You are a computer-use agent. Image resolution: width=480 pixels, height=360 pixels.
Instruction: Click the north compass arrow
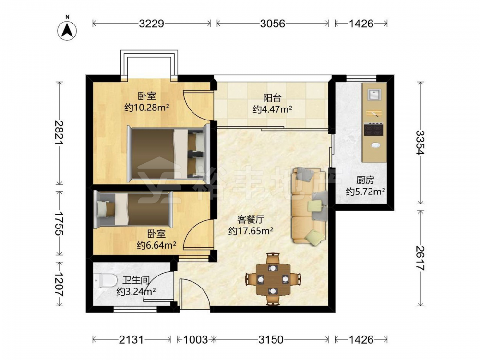click(67, 31)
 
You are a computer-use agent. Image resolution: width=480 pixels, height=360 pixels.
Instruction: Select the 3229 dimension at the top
click(152, 23)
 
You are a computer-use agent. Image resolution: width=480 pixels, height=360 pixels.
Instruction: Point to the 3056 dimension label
click(273, 23)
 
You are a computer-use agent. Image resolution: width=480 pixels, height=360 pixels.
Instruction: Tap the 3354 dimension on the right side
click(420, 143)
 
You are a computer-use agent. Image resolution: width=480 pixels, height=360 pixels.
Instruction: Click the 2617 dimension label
click(420, 258)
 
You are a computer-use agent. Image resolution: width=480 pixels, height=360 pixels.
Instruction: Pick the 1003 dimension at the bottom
click(195, 339)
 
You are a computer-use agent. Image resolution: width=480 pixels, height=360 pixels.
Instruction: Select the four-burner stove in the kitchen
click(373, 129)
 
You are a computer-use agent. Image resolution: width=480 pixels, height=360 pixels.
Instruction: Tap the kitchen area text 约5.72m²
click(365, 192)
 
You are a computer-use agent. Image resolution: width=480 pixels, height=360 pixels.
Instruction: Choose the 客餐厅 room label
click(251, 219)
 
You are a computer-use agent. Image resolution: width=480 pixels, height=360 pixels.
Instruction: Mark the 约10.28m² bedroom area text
click(147, 108)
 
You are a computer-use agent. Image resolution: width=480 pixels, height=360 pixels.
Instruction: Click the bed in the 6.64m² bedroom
click(133, 209)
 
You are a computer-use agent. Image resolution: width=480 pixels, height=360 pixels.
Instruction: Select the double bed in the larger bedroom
click(168, 153)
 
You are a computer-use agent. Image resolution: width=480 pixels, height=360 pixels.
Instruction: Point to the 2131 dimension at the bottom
click(131, 339)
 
